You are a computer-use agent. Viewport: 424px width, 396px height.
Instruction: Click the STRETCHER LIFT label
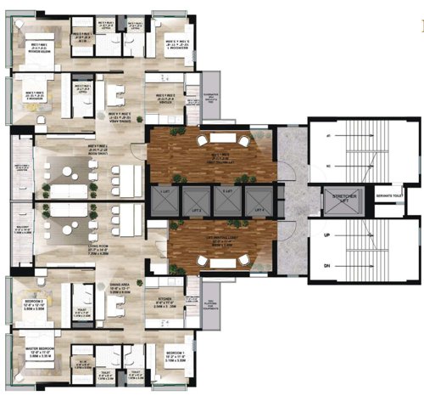point(338,201)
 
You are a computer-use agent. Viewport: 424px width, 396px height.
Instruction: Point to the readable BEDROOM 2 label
point(31,286)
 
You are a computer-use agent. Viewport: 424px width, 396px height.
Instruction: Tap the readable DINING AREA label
point(120,293)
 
